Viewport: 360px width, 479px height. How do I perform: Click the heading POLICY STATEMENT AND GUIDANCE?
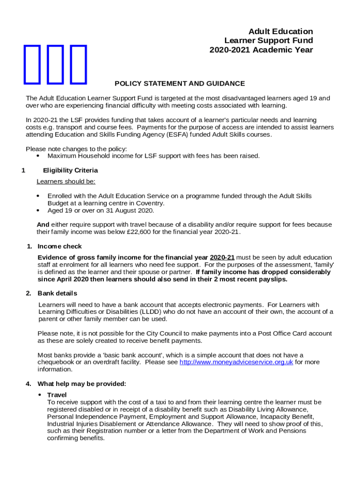(x=180, y=84)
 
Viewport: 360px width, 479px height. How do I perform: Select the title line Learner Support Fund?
(x=268, y=41)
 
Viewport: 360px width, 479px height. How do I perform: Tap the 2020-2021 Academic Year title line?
(x=261, y=50)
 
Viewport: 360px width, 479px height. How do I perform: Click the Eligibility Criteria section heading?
(x=70, y=170)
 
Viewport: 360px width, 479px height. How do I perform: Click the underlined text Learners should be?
(x=66, y=181)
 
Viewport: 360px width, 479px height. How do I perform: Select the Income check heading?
(x=59, y=246)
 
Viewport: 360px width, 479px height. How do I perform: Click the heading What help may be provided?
(x=82, y=384)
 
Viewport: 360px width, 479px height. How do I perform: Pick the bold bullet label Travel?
(x=57, y=395)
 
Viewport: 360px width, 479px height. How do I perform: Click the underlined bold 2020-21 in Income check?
(x=222, y=258)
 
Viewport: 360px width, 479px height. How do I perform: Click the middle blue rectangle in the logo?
(x=56, y=65)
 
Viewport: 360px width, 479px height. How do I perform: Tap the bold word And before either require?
(x=43, y=225)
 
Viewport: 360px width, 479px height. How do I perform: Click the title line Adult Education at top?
(x=281, y=31)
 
